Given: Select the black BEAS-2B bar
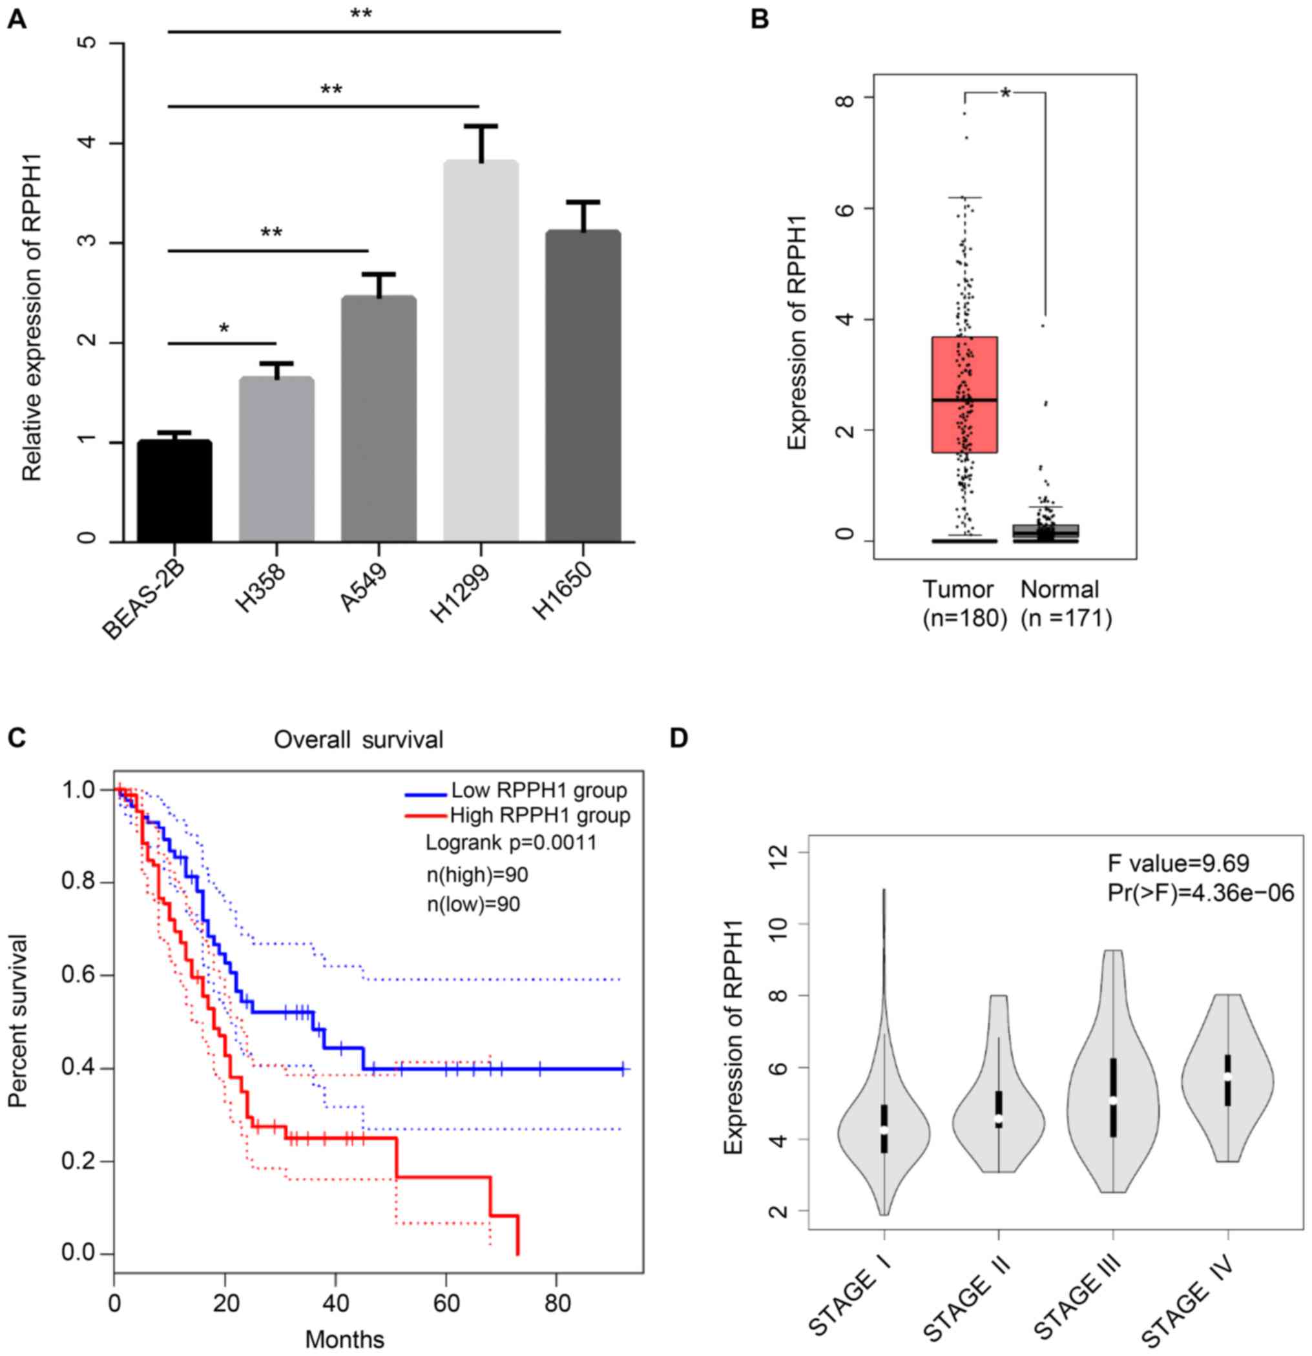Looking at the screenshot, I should pos(174,491).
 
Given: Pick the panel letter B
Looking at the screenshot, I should pos(759,19).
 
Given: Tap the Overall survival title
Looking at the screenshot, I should pos(359,739).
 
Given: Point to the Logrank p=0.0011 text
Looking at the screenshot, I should pos(511,843).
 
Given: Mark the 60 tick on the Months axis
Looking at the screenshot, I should pos(446,1305).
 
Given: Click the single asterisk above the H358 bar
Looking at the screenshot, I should pos(224,329).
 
